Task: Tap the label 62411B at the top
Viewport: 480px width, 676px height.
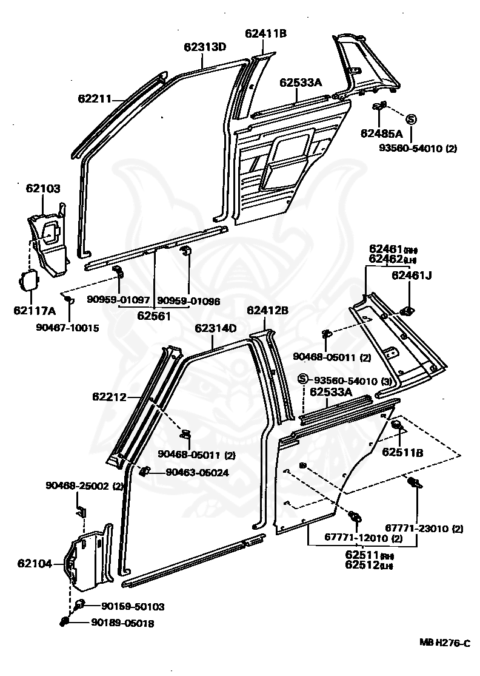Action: click(x=265, y=34)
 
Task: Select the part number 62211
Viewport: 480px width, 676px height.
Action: click(x=95, y=98)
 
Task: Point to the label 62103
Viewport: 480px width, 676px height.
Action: click(x=43, y=189)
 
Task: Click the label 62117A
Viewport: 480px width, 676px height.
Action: click(x=35, y=311)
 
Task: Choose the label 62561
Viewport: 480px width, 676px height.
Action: click(x=153, y=316)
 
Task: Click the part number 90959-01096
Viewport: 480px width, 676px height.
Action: click(x=188, y=300)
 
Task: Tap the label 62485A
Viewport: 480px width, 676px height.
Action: click(x=382, y=133)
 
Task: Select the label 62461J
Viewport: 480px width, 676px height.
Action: click(x=412, y=275)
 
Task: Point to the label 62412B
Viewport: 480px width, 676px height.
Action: click(x=267, y=311)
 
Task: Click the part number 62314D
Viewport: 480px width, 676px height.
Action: click(x=215, y=328)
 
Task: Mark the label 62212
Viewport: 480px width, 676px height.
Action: click(x=110, y=397)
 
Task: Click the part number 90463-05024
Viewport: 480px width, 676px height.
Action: click(x=197, y=473)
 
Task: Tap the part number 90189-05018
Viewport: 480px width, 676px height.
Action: click(x=123, y=622)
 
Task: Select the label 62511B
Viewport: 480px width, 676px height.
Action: click(x=402, y=451)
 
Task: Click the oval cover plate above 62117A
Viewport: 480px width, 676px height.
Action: click(x=28, y=282)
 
